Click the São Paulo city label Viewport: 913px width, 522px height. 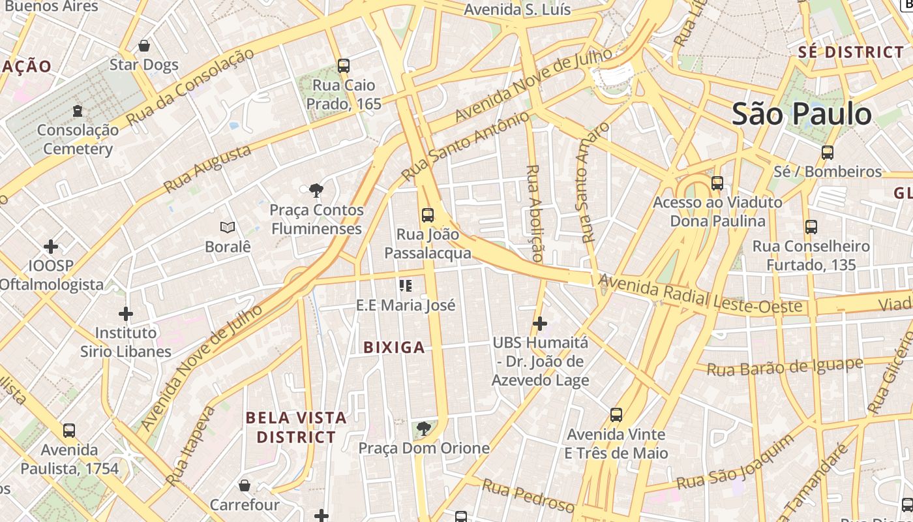[801, 114]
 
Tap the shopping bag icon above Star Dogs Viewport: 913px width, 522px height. [144, 46]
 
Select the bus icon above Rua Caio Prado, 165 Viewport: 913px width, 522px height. [344, 66]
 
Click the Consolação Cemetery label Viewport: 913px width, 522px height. [78, 139]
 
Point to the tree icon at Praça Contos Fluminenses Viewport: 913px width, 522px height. [316, 191]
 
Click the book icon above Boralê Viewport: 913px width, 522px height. [228, 227]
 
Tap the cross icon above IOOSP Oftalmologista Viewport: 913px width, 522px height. [51, 247]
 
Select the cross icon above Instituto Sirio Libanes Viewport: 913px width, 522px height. [126, 314]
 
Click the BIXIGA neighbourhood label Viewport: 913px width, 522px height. [394, 348]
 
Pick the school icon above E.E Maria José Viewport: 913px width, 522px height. [406, 286]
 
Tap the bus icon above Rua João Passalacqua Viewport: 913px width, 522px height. [428, 215]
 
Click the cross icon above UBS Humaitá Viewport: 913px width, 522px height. [540, 323]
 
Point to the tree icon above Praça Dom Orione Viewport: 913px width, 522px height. [424, 429]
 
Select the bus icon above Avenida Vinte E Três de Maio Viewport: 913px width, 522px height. [616, 415]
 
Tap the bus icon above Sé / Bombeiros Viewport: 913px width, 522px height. [828, 153]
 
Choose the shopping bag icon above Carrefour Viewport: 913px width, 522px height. [245, 485]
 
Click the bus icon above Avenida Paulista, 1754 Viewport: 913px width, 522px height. [69, 431]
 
